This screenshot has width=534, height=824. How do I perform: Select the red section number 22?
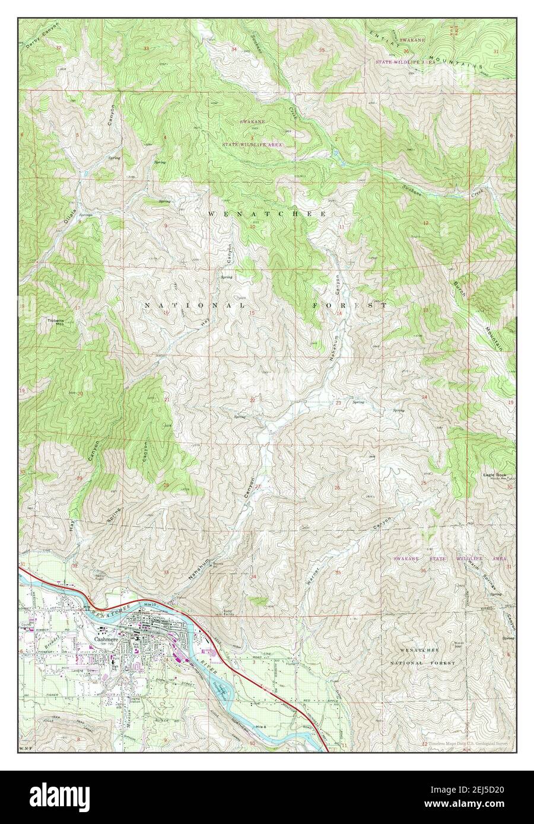point(252,400)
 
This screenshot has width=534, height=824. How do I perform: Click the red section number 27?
point(258,487)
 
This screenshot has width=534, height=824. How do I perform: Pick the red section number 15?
point(252,313)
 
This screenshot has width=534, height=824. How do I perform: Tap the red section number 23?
point(338,403)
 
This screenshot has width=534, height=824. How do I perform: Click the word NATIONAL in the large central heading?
point(195,305)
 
